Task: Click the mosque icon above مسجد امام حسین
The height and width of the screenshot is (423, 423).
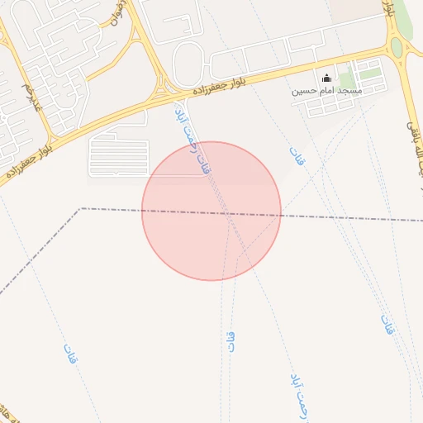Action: pyautogui.click(x=326, y=78)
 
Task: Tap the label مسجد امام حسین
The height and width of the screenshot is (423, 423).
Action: pyautogui.click(x=326, y=90)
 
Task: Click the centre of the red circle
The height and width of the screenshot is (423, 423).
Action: pyautogui.click(x=211, y=211)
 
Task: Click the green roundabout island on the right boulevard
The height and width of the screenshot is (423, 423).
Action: pyautogui.click(x=397, y=46)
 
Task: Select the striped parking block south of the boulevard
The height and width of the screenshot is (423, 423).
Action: pyautogui.click(x=118, y=157)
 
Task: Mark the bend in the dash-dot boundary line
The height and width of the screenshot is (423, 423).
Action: pyautogui.click(x=80, y=208)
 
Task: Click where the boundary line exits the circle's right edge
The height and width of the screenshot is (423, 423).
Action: pyautogui.click(x=281, y=215)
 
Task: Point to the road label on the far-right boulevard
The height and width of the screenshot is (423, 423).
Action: pyautogui.click(x=411, y=124)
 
